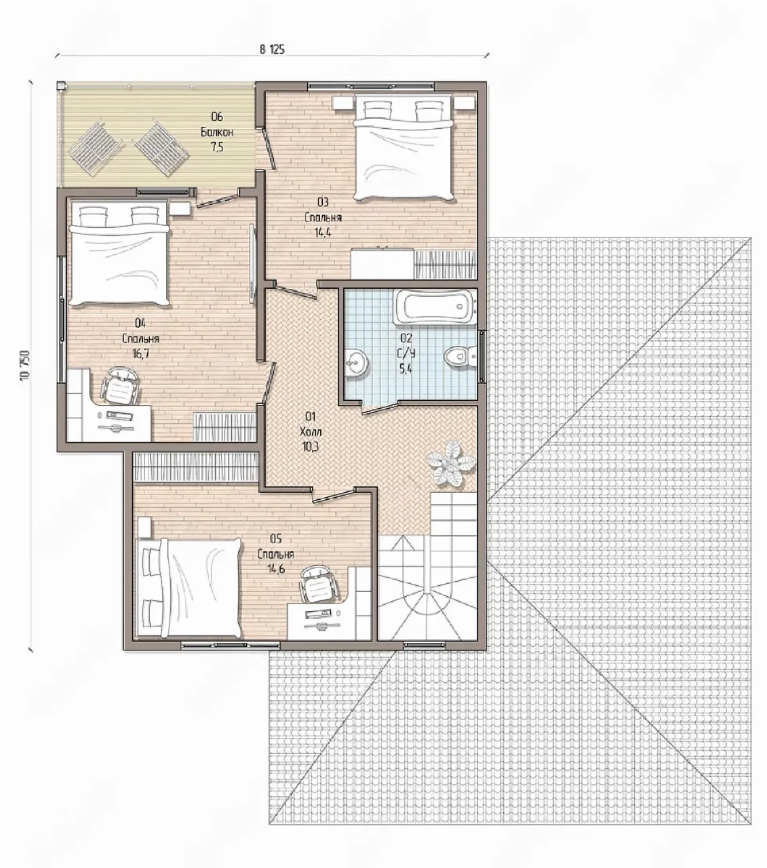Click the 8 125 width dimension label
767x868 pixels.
272,50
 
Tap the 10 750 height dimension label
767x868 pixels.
25,366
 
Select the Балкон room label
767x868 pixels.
217,132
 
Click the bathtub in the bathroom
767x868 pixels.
435,307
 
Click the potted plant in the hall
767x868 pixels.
450,464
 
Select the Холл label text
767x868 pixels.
311,431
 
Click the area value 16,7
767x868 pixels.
141,353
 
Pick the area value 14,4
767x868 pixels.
323,233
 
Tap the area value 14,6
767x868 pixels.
277,569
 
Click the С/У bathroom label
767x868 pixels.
407,353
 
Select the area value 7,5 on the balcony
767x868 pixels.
217,147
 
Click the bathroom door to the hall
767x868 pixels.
380,408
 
